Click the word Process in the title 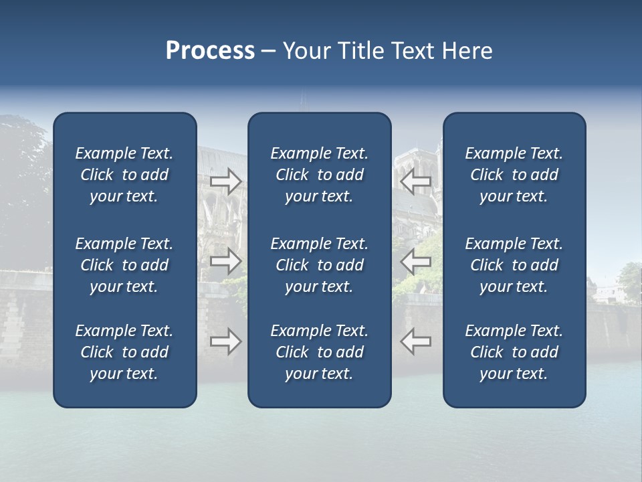pyautogui.click(x=210, y=51)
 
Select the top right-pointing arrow pyautogui.click(x=225, y=181)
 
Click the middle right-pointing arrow pyautogui.click(x=225, y=261)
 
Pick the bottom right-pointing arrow pyautogui.click(x=225, y=341)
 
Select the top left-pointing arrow pyautogui.click(x=416, y=181)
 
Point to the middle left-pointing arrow pyautogui.click(x=416, y=261)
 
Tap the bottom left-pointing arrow pyautogui.click(x=416, y=341)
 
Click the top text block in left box pyautogui.click(x=124, y=175)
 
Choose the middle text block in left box pyautogui.click(x=124, y=265)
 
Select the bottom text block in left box pyautogui.click(x=124, y=352)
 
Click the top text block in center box pyautogui.click(x=319, y=175)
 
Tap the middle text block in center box pyautogui.click(x=319, y=265)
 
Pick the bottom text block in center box pyautogui.click(x=319, y=352)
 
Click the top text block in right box pyautogui.click(x=514, y=175)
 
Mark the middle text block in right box pyautogui.click(x=514, y=265)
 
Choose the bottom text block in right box pyautogui.click(x=514, y=352)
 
